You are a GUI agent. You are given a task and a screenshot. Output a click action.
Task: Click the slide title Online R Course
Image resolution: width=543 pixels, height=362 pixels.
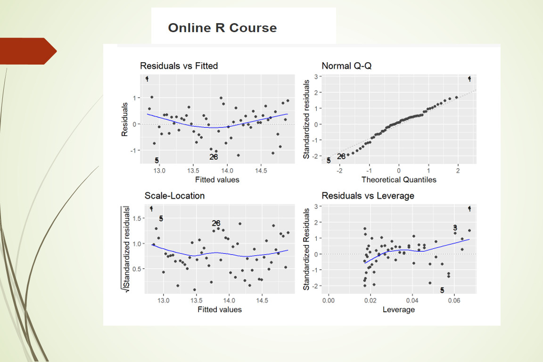(x=222, y=28)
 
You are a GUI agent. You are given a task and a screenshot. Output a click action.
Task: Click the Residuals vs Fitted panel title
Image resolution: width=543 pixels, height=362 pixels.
(x=179, y=66)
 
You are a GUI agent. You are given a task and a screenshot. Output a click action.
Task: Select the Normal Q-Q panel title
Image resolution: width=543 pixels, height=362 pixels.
(x=346, y=66)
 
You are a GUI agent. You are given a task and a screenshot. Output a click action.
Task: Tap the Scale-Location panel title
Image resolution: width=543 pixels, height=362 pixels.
(x=174, y=196)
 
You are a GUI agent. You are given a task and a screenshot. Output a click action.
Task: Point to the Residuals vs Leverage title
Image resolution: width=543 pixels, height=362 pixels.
(x=368, y=196)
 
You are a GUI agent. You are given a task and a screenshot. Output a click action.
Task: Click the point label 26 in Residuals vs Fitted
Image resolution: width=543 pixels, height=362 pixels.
(x=214, y=157)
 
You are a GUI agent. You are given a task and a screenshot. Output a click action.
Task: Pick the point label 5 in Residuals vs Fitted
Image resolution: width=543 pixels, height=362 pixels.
(x=156, y=160)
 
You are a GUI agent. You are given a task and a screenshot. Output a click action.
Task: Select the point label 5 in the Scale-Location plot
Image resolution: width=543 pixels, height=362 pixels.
(x=161, y=219)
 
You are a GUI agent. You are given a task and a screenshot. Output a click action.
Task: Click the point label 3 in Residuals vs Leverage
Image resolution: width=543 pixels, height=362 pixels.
(x=455, y=228)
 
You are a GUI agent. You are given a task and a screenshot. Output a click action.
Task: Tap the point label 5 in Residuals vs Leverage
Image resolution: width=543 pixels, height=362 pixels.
(x=442, y=290)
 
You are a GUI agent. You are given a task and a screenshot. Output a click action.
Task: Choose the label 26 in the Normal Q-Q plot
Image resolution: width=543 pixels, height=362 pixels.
(x=341, y=156)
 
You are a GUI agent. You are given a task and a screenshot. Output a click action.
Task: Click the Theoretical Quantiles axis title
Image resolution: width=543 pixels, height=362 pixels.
(x=398, y=180)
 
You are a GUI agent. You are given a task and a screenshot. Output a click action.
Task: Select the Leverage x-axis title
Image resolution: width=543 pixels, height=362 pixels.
(x=398, y=309)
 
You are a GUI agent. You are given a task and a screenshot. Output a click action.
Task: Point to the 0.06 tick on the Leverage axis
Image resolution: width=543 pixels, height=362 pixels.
(x=454, y=300)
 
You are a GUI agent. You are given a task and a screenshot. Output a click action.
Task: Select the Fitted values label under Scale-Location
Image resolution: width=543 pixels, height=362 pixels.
(x=220, y=309)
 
